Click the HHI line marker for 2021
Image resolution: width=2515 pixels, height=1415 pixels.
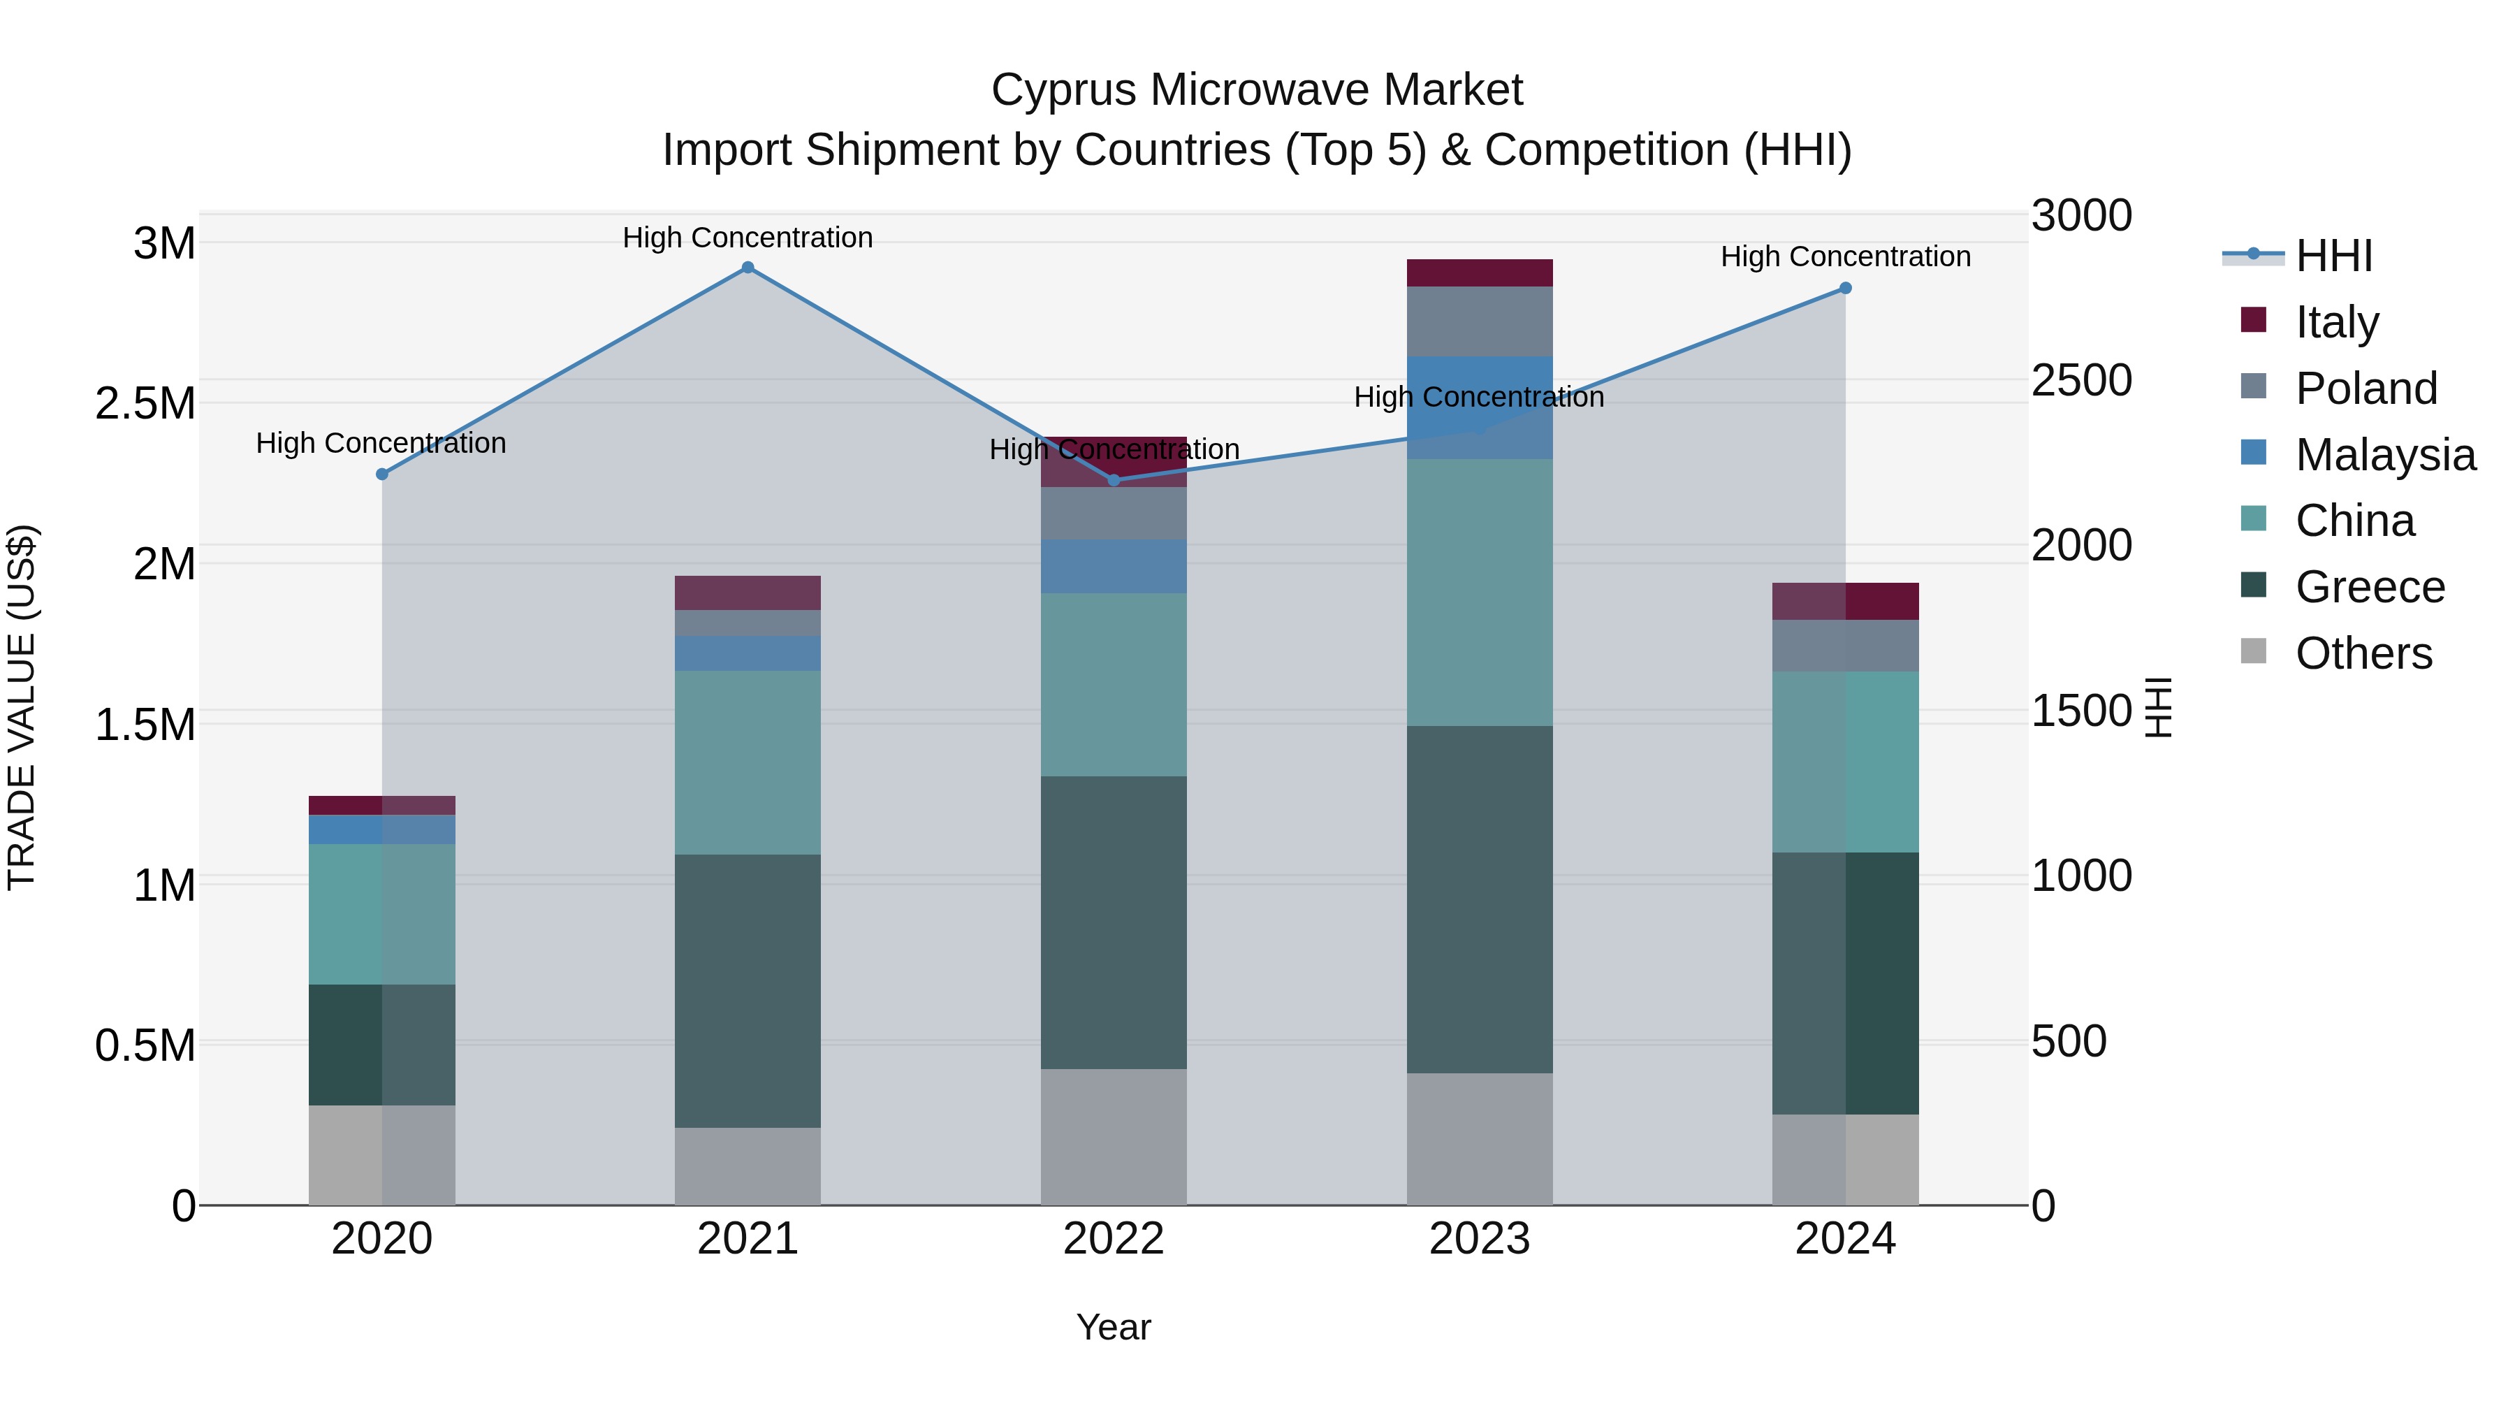[748, 268]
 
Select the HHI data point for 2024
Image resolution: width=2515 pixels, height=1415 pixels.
[1845, 288]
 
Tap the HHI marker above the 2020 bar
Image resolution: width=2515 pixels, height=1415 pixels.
[381, 474]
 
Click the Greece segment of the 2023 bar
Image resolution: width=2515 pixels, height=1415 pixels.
[1479, 899]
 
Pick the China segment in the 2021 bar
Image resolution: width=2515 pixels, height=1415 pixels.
[748, 762]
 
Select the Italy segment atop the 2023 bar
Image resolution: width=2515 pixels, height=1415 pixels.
[1479, 273]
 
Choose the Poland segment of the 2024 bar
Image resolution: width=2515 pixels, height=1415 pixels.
[1845, 646]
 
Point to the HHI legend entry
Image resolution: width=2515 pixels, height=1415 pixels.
[2333, 256]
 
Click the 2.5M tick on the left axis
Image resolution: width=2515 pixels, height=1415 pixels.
[145, 403]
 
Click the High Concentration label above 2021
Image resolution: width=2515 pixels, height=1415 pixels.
[748, 238]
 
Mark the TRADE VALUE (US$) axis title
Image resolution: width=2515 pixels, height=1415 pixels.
[22, 707]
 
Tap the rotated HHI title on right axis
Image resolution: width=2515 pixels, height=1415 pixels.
[2159, 707]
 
